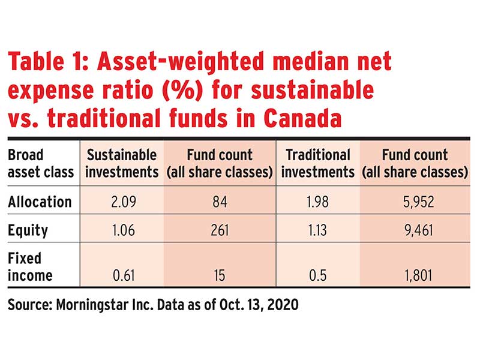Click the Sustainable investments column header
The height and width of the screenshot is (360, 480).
122,163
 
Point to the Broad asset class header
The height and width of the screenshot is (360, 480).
41,163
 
